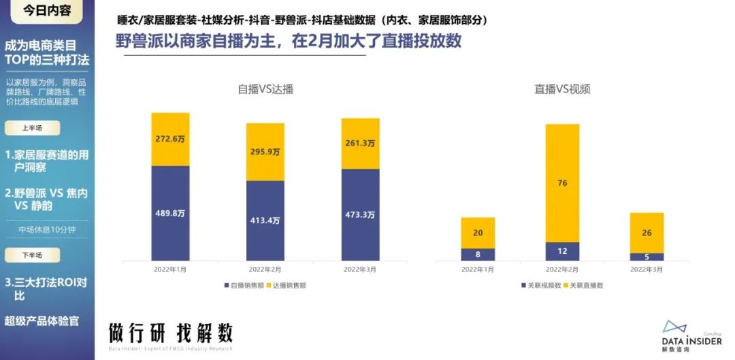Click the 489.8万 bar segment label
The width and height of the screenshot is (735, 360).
click(170, 212)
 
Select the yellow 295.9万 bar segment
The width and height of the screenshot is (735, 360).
click(265, 152)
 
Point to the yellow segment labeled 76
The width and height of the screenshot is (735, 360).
click(562, 182)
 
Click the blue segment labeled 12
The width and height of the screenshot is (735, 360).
click(562, 252)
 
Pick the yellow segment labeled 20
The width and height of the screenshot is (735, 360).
click(478, 233)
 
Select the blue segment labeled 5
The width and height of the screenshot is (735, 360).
click(647, 257)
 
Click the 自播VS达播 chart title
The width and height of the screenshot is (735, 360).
click(265, 89)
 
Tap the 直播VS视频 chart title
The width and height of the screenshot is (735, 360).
click(561, 89)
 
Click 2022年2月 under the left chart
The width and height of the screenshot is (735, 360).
click(265, 269)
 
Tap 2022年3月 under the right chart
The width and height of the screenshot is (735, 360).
click(647, 269)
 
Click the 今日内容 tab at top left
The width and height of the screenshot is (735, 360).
click(47, 11)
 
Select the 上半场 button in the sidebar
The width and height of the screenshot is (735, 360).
click(33, 128)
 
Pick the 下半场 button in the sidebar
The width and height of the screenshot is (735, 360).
click(33, 255)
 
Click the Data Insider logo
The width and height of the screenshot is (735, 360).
click(691, 336)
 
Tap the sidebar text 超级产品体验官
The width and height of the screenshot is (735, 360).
click(42, 321)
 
